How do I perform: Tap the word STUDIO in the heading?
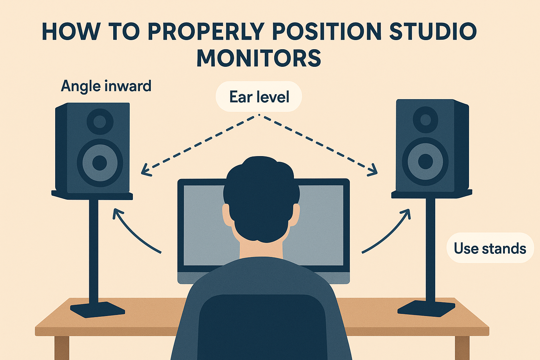pyautogui.click(x=433, y=32)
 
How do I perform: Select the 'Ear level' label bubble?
pyautogui.click(x=259, y=97)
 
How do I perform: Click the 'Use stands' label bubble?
pyautogui.click(x=490, y=248)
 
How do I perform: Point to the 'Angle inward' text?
pyautogui.click(x=106, y=86)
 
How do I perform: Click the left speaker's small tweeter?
pyautogui.click(x=100, y=121)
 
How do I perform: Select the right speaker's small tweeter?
pyautogui.click(x=425, y=120)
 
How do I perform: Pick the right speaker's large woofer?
pyautogui.click(x=425, y=161)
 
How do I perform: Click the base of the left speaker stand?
pyautogui.click(x=97, y=309)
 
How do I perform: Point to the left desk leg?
pyautogui.click(x=62, y=347)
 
